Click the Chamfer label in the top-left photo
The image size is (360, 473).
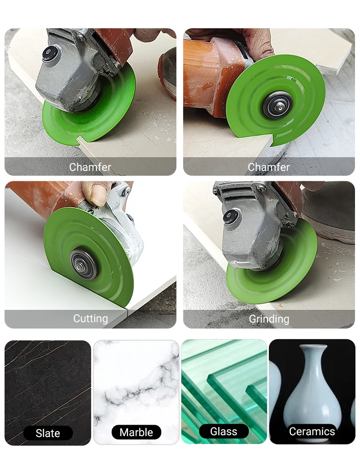(90, 167)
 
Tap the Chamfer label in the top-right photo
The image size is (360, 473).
(268, 167)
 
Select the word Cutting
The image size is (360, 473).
(91, 319)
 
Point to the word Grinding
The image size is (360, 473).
(269, 319)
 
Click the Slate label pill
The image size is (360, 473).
(48, 433)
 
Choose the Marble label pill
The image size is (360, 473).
(136, 432)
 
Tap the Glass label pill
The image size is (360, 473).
(224, 432)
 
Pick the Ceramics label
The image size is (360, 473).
(312, 432)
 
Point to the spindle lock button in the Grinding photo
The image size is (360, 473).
(229, 216)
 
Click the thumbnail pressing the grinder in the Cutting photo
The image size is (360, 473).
(98, 192)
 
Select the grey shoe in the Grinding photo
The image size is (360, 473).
(328, 212)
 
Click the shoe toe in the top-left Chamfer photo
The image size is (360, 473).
(168, 72)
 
